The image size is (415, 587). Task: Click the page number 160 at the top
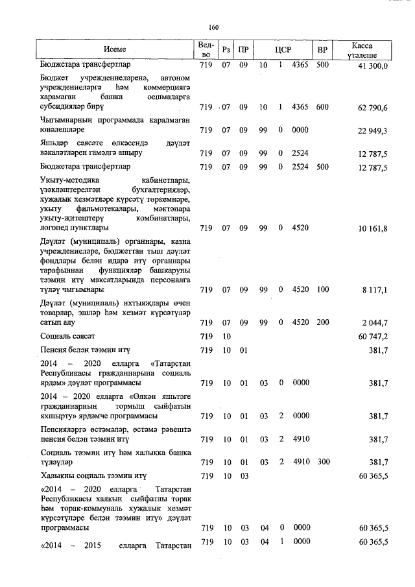click(x=215, y=27)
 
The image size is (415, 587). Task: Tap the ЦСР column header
click(x=281, y=49)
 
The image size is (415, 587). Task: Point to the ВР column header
click(x=322, y=49)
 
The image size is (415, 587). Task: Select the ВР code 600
click(x=322, y=107)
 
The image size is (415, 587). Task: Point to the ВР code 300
click(x=322, y=462)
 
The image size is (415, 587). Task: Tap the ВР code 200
click(x=322, y=322)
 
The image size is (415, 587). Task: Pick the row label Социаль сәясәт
click(x=67, y=337)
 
